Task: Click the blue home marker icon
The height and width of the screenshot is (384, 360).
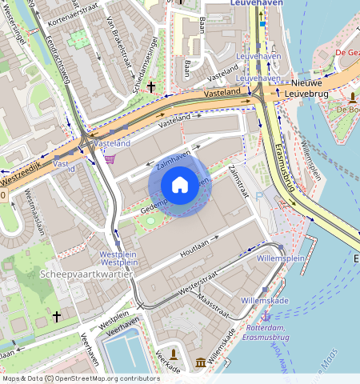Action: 180,186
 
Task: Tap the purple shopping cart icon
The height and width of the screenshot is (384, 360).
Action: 110,158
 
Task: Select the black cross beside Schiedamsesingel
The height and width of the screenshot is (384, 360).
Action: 150,86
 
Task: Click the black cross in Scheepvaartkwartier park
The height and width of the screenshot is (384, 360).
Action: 56,318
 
